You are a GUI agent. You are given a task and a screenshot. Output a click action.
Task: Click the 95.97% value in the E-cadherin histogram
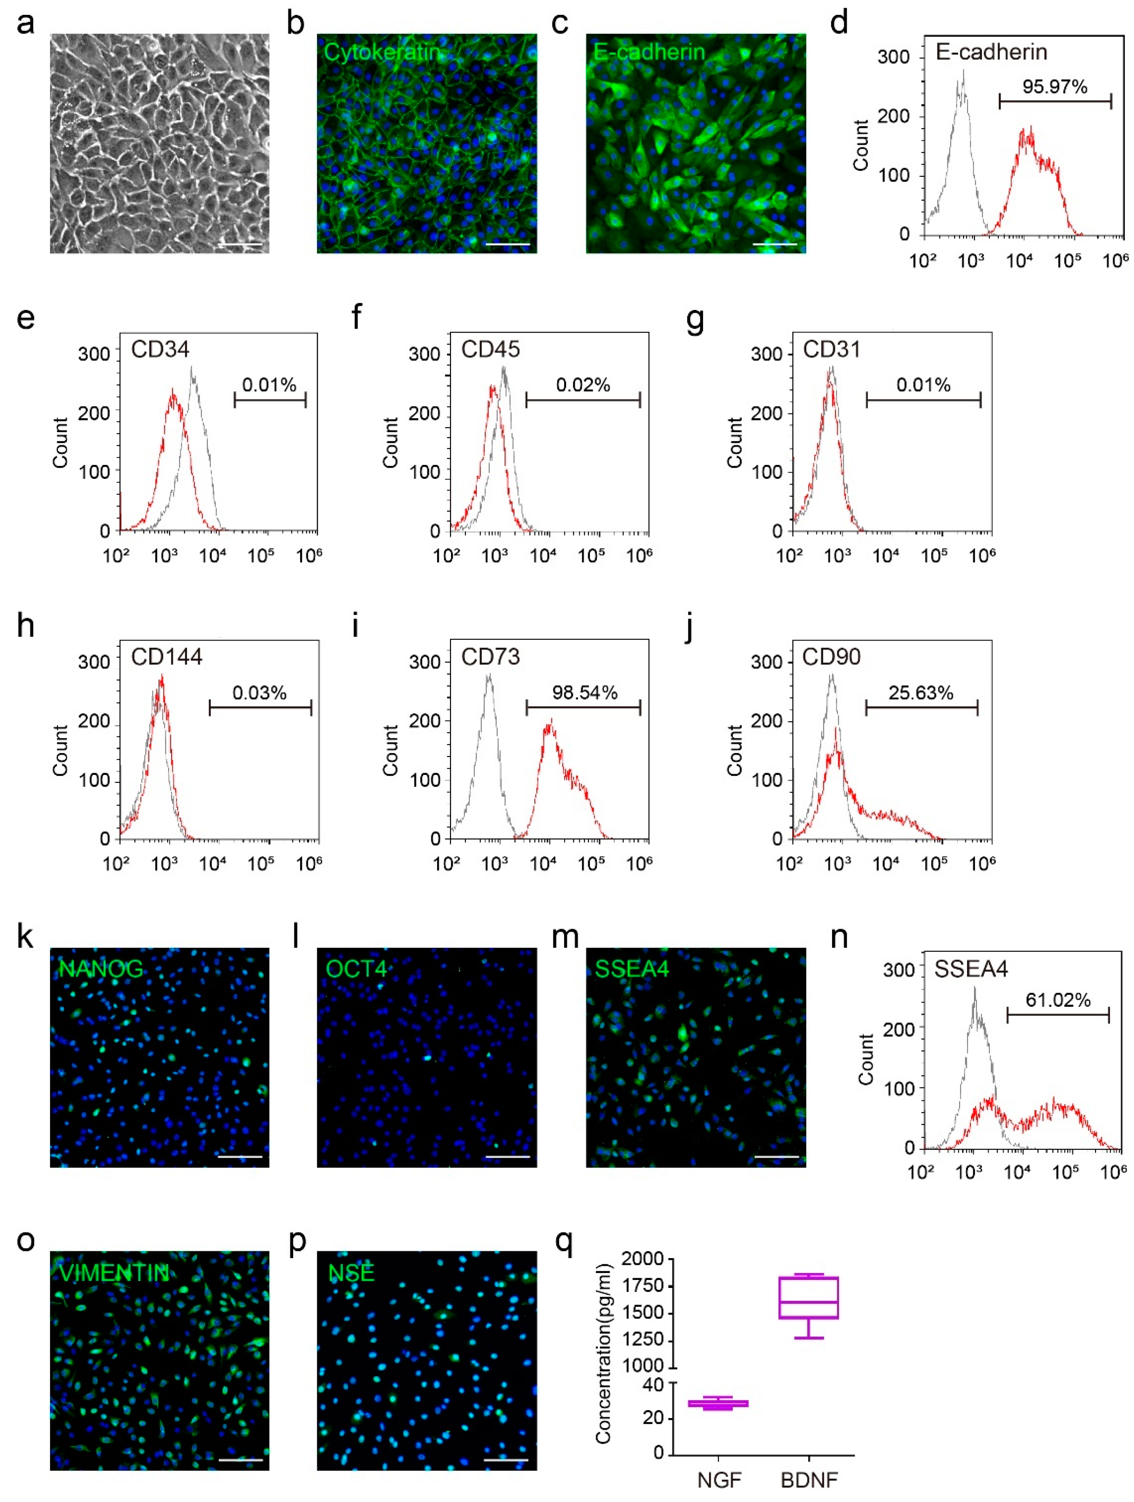click(x=1055, y=87)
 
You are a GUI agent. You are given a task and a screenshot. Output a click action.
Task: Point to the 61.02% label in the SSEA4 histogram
click(x=1057, y=1000)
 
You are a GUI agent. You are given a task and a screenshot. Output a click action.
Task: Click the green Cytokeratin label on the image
click(x=382, y=52)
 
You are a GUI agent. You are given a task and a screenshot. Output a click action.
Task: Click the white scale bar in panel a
click(x=241, y=244)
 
